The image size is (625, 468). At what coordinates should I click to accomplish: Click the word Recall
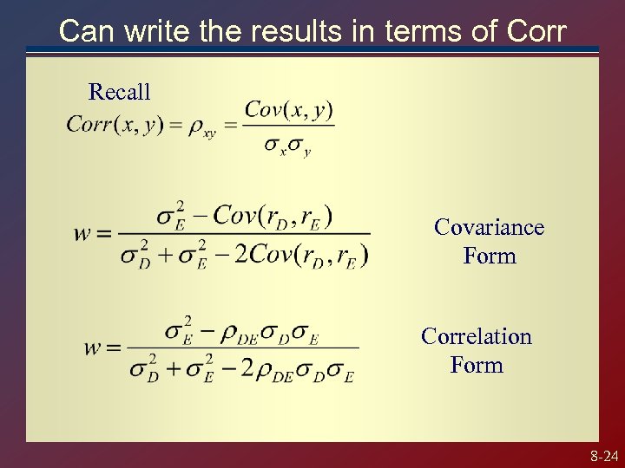pyautogui.click(x=120, y=91)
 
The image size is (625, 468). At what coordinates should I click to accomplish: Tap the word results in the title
pyautogui.click(x=287, y=31)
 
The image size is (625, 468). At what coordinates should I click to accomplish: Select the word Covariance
pyautogui.click(x=489, y=227)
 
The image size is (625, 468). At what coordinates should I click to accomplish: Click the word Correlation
pyautogui.click(x=476, y=336)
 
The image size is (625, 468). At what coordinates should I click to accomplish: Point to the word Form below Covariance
pyautogui.click(x=490, y=256)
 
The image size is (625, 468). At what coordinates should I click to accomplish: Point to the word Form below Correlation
pyautogui.click(x=476, y=365)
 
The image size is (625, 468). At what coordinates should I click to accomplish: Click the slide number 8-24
pyautogui.click(x=603, y=455)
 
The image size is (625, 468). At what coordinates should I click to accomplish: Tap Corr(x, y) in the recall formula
pyautogui.click(x=115, y=125)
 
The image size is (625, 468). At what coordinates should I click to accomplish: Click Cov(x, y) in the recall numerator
pyautogui.click(x=288, y=110)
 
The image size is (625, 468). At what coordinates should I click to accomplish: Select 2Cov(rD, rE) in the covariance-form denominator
pyautogui.click(x=302, y=256)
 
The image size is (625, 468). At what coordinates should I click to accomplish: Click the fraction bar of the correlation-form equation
pyautogui.click(x=243, y=348)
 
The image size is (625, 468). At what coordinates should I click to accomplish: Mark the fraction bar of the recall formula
pyautogui.click(x=288, y=127)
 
